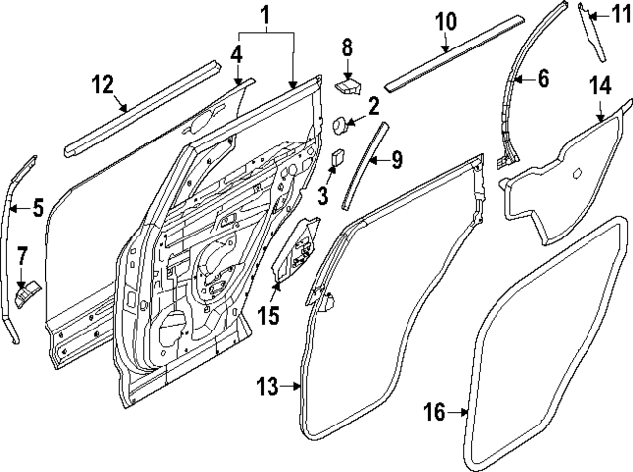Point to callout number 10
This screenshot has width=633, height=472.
pyautogui.click(x=444, y=21)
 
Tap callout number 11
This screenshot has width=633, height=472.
pyautogui.click(x=620, y=13)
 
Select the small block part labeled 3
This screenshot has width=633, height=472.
pyautogui.click(x=338, y=157)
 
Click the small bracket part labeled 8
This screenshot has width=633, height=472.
pyautogui.click(x=348, y=86)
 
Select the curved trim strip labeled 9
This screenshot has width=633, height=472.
pyautogui.click(x=360, y=166)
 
